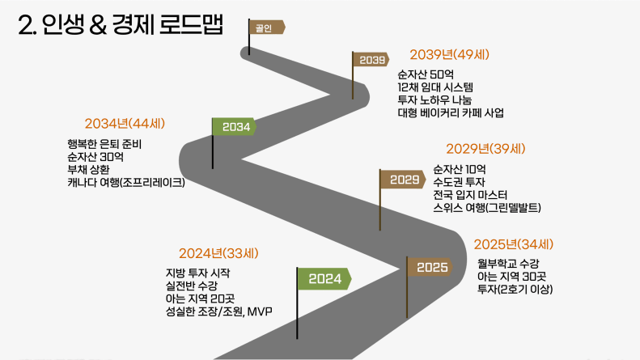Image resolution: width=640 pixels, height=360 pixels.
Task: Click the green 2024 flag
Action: [324, 279]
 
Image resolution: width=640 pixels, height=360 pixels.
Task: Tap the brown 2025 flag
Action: [430, 267]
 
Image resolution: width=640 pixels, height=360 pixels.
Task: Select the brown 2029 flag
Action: [403, 180]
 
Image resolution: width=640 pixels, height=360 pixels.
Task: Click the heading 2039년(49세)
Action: [449, 54]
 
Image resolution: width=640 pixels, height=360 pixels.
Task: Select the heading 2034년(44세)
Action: [125, 123]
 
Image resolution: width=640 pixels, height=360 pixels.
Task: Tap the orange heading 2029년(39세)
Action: [485, 149]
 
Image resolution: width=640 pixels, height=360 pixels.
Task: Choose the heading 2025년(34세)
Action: [514, 244]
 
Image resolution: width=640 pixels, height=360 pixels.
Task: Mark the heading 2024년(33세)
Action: [218, 253]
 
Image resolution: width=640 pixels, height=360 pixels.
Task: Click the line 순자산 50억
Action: [426, 74]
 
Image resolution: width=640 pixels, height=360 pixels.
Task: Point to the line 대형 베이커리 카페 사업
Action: [451, 112]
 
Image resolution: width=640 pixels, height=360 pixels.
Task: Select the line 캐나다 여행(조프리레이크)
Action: [126, 182]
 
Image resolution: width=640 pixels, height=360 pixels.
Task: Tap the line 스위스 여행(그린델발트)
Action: [487, 208]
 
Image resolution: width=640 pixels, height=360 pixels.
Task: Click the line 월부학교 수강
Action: [508, 264]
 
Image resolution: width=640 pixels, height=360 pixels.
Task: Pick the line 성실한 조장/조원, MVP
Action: [218, 311]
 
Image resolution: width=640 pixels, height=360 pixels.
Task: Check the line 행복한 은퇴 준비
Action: [104, 144]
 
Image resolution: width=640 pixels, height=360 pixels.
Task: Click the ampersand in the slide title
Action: [98, 25]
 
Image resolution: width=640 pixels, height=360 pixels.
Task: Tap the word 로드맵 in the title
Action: [191, 25]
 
